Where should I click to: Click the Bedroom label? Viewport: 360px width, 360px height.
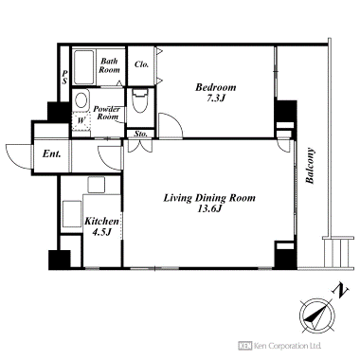(x=215, y=87)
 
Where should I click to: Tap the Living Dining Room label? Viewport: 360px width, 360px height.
(x=209, y=198)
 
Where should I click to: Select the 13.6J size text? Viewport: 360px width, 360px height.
(x=208, y=209)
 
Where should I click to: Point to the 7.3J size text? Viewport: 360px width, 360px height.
(x=215, y=99)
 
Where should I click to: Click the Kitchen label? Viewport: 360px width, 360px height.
(x=101, y=221)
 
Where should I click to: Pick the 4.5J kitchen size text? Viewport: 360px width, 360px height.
(x=101, y=232)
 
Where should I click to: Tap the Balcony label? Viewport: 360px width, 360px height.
(x=310, y=166)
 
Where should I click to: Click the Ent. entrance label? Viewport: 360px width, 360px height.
(x=51, y=154)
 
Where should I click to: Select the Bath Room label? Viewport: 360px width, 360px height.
(x=109, y=65)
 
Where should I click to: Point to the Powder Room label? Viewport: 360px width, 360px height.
(x=107, y=113)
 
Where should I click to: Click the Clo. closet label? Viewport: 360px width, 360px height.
(x=141, y=64)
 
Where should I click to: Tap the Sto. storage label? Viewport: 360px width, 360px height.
(x=140, y=134)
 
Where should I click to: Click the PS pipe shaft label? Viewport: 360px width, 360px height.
(x=64, y=78)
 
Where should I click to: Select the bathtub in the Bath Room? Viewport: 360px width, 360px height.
(x=84, y=66)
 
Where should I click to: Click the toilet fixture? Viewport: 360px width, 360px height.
(x=140, y=100)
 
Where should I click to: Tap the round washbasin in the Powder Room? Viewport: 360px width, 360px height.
(x=81, y=100)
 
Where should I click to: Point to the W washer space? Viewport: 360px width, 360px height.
(x=81, y=120)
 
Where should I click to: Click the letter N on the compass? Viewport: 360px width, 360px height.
(x=340, y=292)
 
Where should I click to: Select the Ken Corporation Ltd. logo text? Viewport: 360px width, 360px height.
(x=279, y=346)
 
